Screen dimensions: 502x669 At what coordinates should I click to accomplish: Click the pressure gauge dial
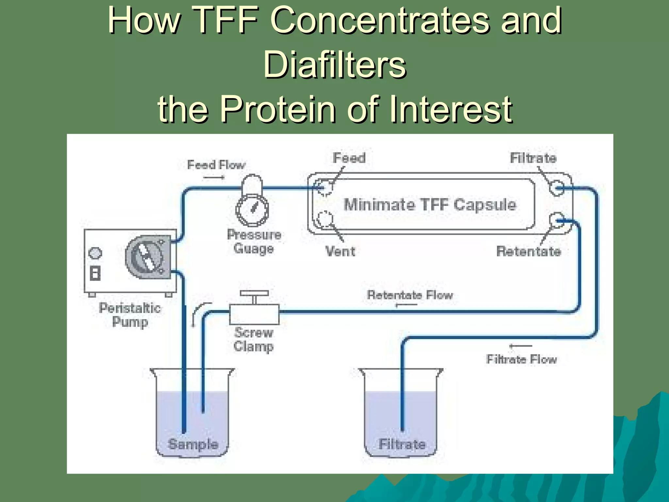[x=252, y=210]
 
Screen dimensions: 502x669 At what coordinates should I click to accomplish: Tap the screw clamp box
[x=254, y=314]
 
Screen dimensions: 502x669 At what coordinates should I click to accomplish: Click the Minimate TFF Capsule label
[x=430, y=205]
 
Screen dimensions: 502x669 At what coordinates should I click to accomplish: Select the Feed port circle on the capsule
[x=325, y=187]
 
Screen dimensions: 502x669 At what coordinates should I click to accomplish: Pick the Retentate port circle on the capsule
[x=557, y=220]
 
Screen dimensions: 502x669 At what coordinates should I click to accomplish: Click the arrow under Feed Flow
[x=214, y=177]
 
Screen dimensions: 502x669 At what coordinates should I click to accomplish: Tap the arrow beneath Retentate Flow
[x=406, y=305]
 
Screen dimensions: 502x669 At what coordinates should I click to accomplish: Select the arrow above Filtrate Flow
[x=521, y=346]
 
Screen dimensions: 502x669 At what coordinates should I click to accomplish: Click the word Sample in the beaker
[x=193, y=444]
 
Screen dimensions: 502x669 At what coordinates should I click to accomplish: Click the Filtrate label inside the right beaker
[x=402, y=444]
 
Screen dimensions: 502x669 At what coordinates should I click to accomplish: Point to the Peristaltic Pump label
[x=130, y=315]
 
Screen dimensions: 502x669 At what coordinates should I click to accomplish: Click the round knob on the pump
[x=95, y=253]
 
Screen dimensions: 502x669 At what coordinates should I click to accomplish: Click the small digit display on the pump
[x=95, y=273]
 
